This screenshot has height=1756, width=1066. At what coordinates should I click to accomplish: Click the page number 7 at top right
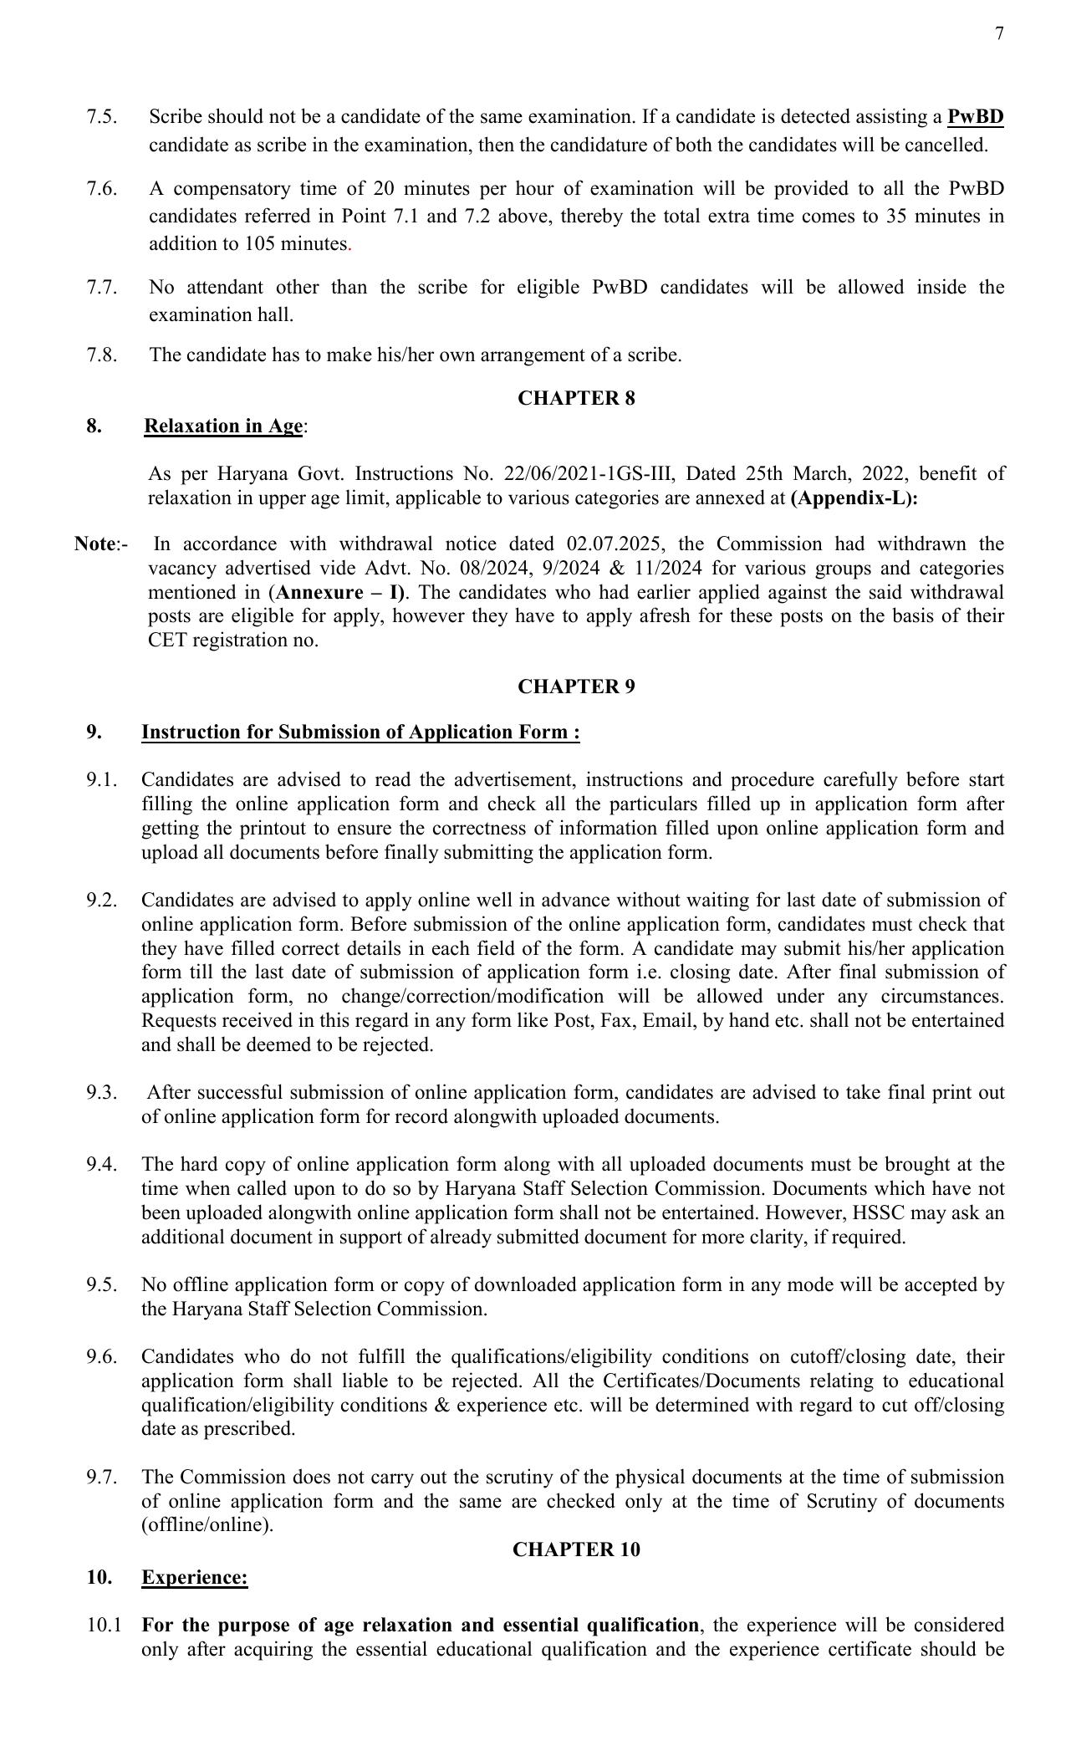point(999,33)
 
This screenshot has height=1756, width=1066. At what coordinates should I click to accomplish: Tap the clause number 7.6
point(102,188)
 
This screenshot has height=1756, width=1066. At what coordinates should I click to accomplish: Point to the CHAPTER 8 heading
point(576,398)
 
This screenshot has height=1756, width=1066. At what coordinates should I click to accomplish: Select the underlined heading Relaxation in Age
point(223,426)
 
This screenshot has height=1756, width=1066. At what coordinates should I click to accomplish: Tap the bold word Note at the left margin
point(94,544)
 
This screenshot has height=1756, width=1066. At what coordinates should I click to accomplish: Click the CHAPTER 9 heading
point(576,687)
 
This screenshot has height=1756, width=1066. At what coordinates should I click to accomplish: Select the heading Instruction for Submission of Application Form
point(360,732)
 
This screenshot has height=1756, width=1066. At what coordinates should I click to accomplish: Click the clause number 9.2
point(102,901)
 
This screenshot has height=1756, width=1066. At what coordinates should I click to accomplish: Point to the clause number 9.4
point(102,1165)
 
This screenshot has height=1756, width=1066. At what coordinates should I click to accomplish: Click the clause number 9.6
point(102,1357)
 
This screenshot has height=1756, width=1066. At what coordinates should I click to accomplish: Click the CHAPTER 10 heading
point(576,1549)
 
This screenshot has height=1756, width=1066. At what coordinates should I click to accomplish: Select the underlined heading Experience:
point(195,1577)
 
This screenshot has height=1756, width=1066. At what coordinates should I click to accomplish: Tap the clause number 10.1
point(104,1626)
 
